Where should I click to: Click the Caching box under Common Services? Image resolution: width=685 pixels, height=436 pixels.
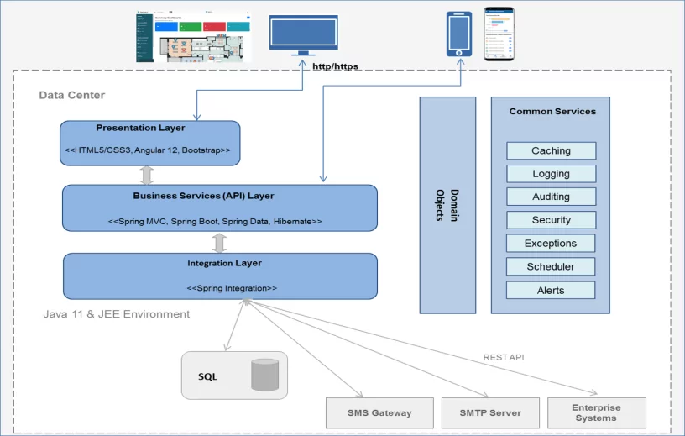point(551,151)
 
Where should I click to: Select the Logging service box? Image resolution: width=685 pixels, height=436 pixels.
point(551,174)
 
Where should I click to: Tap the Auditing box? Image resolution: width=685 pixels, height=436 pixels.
point(551,197)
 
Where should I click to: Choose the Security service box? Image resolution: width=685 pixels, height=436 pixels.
point(551,220)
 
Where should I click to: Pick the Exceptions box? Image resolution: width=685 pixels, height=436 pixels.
point(551,244)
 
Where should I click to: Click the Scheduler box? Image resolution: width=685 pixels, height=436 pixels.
point(551,266)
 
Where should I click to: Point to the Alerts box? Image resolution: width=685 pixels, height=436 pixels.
point(551,290)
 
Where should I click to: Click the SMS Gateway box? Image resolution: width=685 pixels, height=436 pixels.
point(379,412)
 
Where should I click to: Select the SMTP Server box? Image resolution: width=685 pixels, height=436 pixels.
point(490,412)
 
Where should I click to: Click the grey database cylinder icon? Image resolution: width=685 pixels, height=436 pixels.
point(264,375)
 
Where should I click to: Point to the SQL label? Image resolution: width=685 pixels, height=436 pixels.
point(207,376)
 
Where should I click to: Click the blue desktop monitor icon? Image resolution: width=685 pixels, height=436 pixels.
point(303,34)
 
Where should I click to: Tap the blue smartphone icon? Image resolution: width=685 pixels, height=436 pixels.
point(459,33)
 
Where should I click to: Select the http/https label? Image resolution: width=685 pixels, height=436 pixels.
point(336,66)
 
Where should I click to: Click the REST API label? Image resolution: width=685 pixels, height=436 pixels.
point(504,357)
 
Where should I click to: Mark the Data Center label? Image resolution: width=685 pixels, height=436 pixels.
point(72,95)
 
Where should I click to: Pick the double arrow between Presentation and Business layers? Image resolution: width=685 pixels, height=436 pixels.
point(147,175)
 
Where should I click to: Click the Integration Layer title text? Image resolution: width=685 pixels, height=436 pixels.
point(224,263)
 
